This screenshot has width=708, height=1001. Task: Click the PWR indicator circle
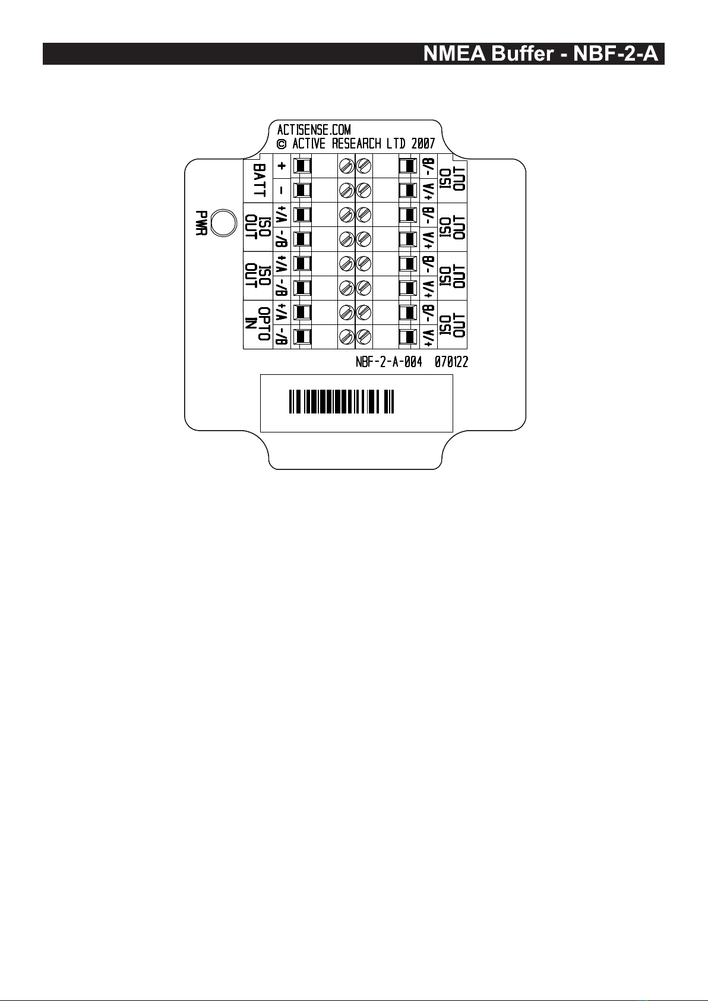[x=223, y=223]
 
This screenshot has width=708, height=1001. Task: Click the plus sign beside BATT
[x=282, y=167]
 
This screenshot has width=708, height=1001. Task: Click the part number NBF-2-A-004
[x=388, y=362]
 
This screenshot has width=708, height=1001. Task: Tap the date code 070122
[x=451, y=362]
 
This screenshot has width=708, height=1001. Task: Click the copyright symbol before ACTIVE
[x=282, y=144]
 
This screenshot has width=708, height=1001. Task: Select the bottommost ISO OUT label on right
[x=452, y=325]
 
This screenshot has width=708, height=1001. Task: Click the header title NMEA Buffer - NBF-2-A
[x=541, y=54]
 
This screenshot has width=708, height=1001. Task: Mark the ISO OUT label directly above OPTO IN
[x=258, y=276]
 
